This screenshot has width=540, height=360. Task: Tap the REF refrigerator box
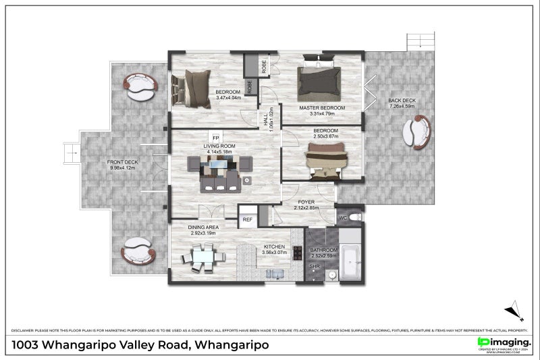[247, 220]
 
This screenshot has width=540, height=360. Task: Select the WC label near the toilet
[343, 217]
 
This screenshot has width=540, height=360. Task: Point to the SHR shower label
[314, 267]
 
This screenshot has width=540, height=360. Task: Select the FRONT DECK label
[122, 162]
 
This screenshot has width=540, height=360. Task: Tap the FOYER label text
[306, 201]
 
